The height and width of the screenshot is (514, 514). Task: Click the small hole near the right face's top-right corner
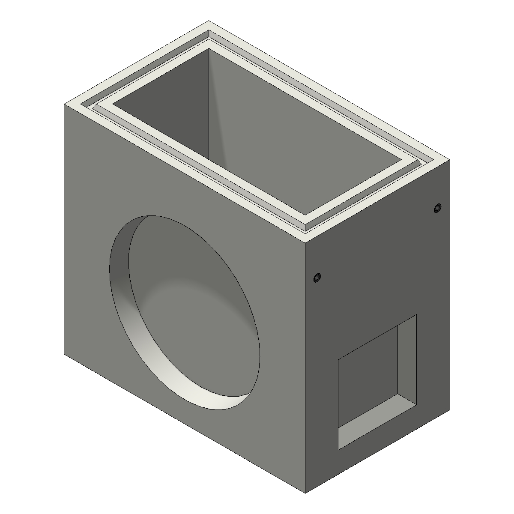[x=437, y=209]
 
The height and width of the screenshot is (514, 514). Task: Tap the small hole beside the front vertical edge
[x=317, y=278]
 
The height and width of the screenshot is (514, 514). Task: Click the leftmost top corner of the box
[x=64, y=104]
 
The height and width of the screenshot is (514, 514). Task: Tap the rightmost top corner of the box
[x=450, y=159]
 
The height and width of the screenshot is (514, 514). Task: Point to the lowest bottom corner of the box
[x=305, y=493]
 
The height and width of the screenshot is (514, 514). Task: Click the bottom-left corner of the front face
[x=64, y=354]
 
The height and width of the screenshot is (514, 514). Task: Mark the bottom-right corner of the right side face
[x=450, y=409]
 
